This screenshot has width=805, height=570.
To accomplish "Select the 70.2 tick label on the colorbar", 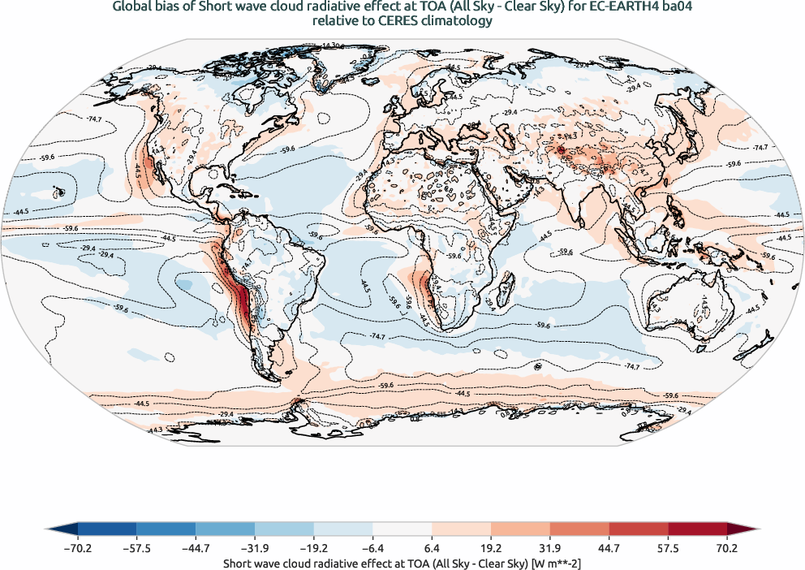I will [x=726, y=548].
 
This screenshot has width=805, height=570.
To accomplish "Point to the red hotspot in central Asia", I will [x=560, y=149].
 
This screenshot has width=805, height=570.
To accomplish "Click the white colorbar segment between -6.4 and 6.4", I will [x=402, y=529].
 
